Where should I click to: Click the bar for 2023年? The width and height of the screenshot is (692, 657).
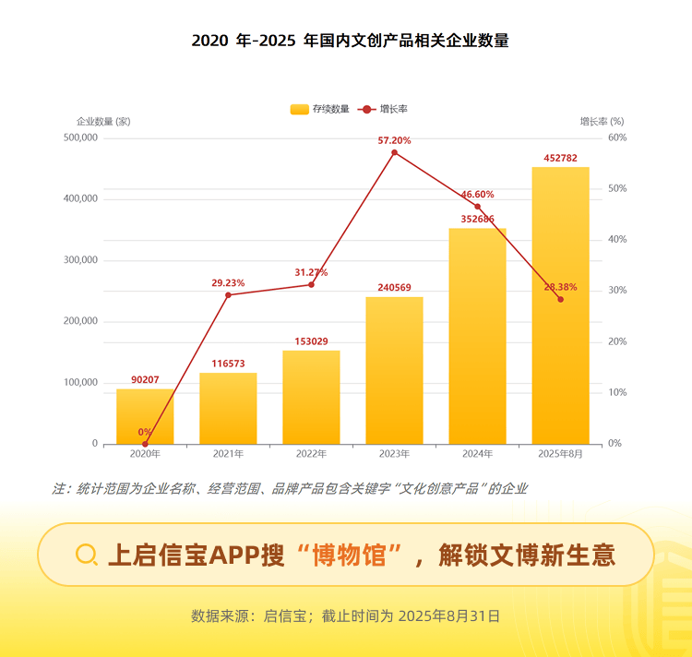click(x=394, y=369)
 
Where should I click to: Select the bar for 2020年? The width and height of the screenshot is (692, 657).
click(x=145, y=415)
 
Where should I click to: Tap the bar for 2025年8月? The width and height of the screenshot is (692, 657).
click(x=560, y=305)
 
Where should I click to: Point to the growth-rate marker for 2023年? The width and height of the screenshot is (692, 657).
click(x=394, y=152)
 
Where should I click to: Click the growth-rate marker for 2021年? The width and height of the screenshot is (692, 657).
click(x=228, y=294)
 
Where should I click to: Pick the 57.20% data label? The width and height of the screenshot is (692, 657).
click(x=394, y=140)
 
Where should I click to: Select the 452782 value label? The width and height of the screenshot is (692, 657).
click(x=560, y=158)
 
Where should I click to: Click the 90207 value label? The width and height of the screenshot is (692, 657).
click(x=145, y=379)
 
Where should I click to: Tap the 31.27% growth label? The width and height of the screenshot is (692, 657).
click(x=311, y=272)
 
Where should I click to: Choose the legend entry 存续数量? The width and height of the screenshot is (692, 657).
click(x=320, y=109)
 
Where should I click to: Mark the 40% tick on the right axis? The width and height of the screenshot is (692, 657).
click(x=616, y=240)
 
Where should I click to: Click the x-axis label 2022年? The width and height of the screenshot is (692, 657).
click(x=311, y=454)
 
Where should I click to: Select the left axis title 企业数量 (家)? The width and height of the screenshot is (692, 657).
click(x=103, y=122)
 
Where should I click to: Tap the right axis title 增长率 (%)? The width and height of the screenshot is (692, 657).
click(x=602, y=122)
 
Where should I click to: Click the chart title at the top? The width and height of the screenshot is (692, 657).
click(x=350, y=41)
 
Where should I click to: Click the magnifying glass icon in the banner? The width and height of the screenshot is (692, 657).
click(x=87, y=554)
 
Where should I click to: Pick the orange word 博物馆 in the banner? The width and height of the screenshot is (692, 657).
click(x=349, y=555)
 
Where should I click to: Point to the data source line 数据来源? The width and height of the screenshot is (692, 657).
click(x=345, y=615)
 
